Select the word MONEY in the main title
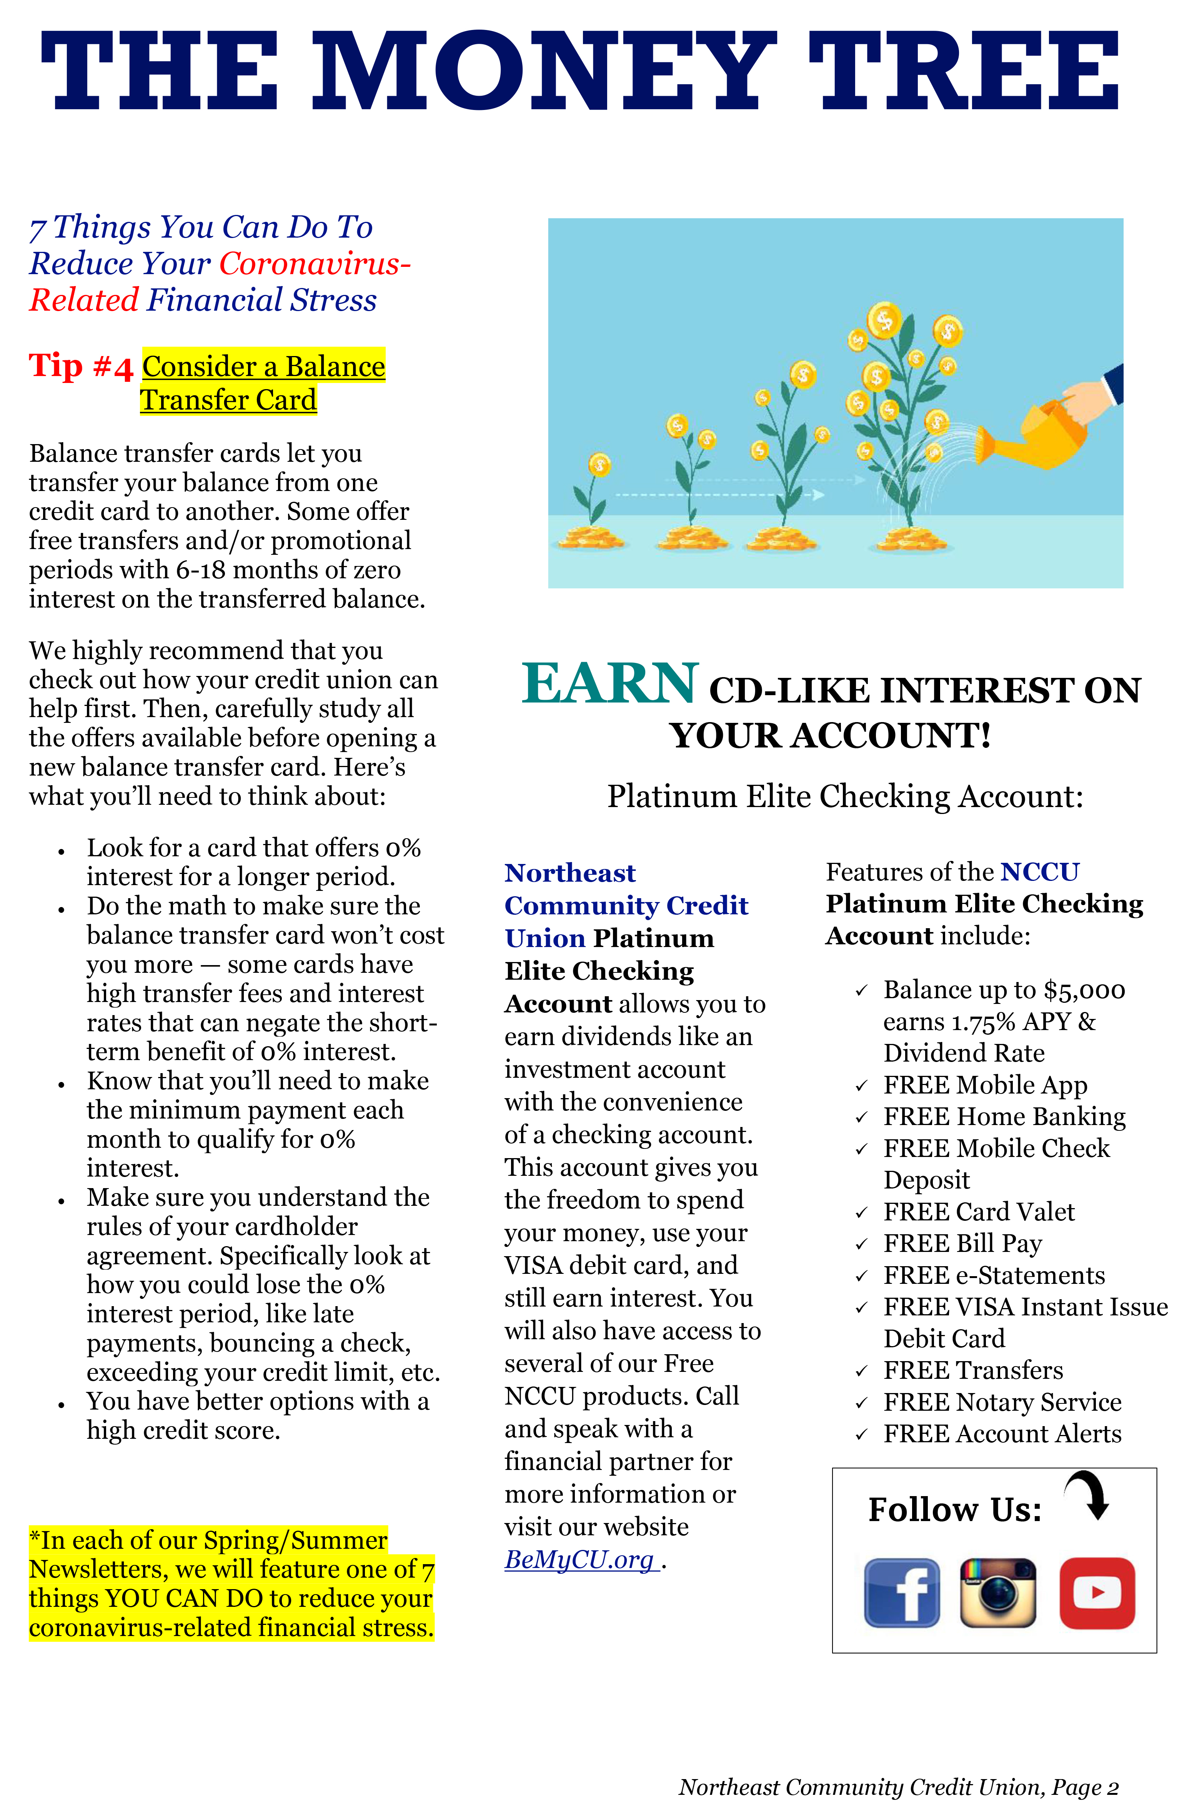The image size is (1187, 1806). click(x=543, y=72)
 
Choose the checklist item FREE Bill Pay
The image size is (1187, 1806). click(x=962, y=1243)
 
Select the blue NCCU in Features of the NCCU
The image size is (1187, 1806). click(x=1039, y=872)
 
